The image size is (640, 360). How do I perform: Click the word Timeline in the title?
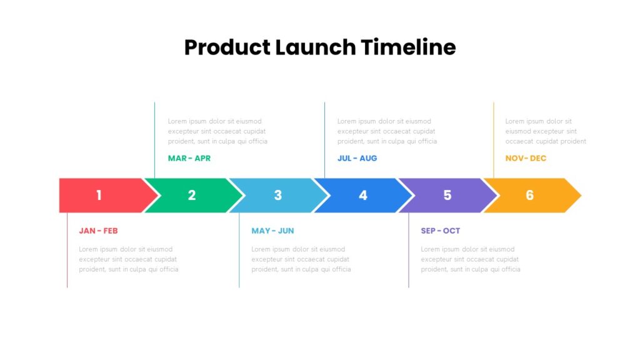point(408,47)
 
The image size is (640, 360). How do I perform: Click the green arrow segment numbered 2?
point(194,195)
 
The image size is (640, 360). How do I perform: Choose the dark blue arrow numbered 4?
point(363,195)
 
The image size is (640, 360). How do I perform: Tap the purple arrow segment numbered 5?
point(447,195)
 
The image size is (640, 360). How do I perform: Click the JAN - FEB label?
point(98,231)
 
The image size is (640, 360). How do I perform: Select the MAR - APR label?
point(189,158)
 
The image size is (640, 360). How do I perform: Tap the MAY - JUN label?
point(272,231)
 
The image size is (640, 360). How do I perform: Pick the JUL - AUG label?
point(357,158)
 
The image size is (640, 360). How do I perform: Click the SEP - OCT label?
point(441,231)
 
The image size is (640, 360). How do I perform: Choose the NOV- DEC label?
point(526,158)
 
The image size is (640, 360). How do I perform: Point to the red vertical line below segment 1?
point(67,250)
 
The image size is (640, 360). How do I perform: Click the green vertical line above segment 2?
point(155,140)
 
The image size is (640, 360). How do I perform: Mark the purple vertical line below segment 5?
point(409,250)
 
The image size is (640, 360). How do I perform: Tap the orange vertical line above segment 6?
point(494,140)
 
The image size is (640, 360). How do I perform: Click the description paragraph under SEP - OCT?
point(471,259)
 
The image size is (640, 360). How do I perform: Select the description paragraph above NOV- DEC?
point(546,131)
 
